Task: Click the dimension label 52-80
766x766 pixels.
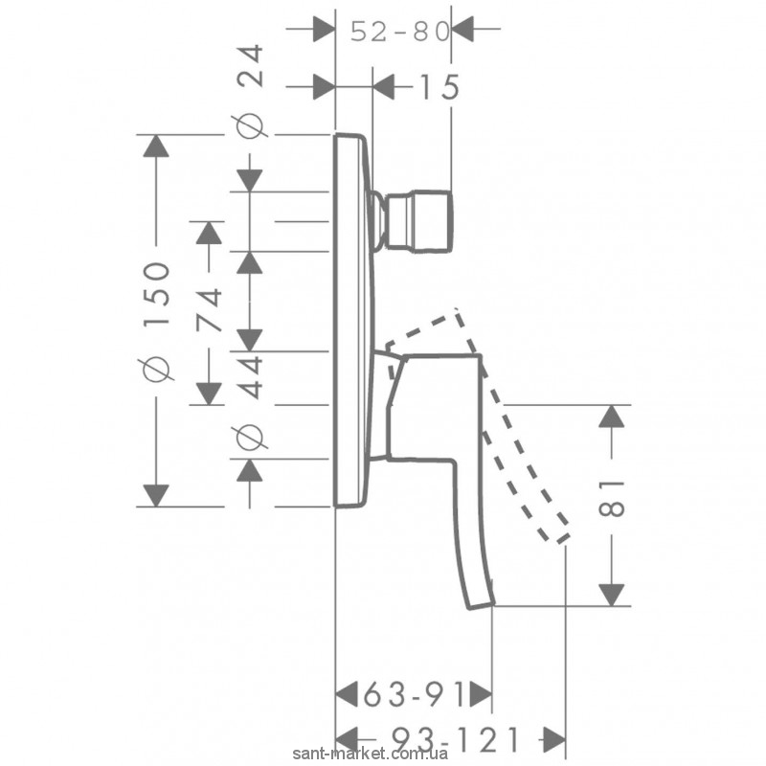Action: pos(399,32)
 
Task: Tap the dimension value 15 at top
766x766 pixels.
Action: pos(439,87)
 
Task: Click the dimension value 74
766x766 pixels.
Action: pos(210,309)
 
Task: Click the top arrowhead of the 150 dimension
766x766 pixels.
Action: pos(156,146)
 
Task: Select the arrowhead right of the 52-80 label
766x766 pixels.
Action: pos(463,31)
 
